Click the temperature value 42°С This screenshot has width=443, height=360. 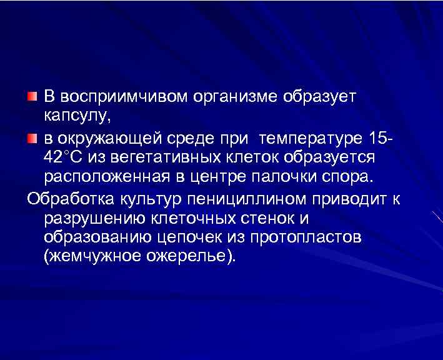[x=66, y=156]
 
